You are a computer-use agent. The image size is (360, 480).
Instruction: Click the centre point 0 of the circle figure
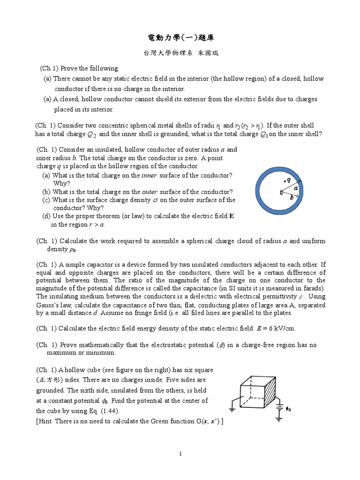point(281,192)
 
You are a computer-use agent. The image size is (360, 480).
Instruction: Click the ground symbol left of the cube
point(232,403)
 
